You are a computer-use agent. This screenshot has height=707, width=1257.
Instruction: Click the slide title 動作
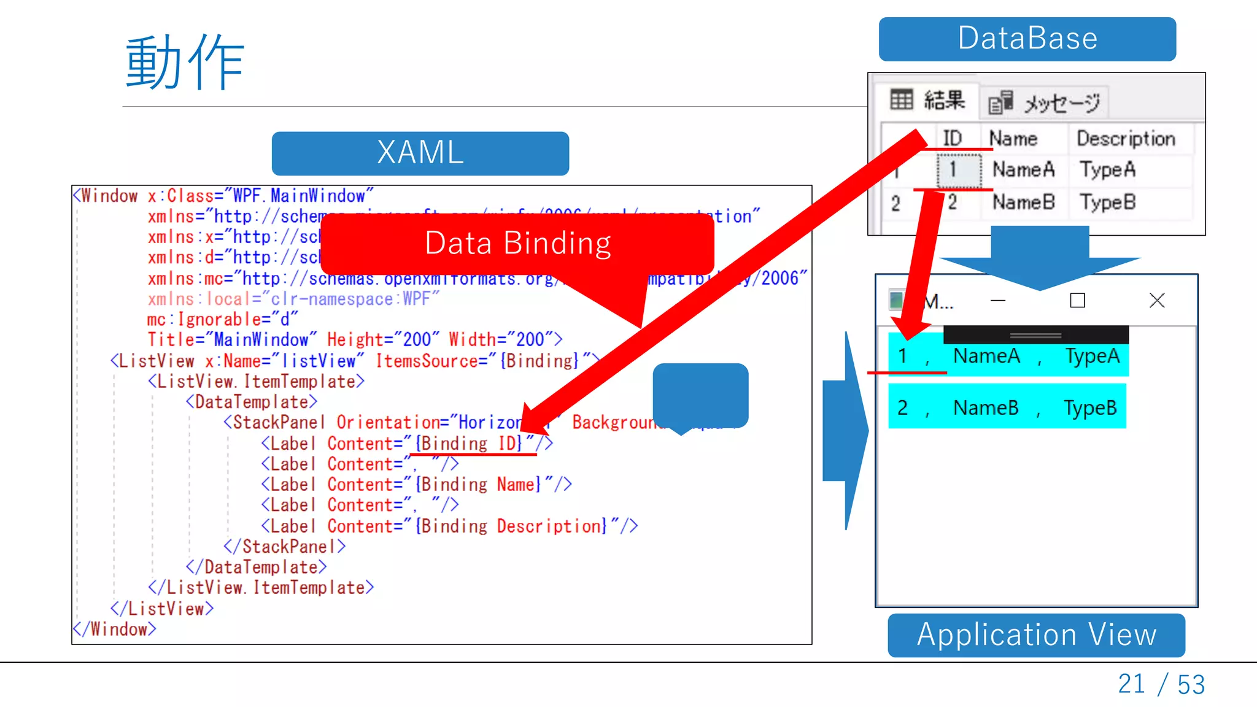click(185, 63)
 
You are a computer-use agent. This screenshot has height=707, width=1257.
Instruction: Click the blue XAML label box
click(420, 153)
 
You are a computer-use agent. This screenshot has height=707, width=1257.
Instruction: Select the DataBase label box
click(1027, 39)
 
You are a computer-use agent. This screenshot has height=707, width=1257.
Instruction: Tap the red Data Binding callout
click(517, 244)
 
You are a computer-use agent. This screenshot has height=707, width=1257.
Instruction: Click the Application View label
click(1036, 635)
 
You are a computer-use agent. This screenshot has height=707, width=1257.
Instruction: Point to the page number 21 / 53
click(1161, 684)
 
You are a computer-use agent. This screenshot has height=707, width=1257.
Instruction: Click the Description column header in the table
click(1126, 139)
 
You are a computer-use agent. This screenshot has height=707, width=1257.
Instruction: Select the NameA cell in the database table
click(1023, 169)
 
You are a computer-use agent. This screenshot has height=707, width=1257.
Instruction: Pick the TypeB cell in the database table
click(1107, 202)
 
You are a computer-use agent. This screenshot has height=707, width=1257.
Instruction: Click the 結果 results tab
click(928, 100)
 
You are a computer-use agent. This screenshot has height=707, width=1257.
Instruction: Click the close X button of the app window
click(1156, 300)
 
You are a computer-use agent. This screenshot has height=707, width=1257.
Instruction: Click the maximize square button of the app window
click(1077, 300)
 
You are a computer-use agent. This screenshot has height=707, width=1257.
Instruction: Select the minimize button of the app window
click(998, 300)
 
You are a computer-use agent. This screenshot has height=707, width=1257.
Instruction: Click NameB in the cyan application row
click(986, 408)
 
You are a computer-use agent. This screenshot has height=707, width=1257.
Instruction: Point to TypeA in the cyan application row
click(1092, 356)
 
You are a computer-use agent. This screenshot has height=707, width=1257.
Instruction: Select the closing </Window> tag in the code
click(115, 629)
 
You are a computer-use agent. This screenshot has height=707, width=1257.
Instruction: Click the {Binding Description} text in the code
click(511, 526)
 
